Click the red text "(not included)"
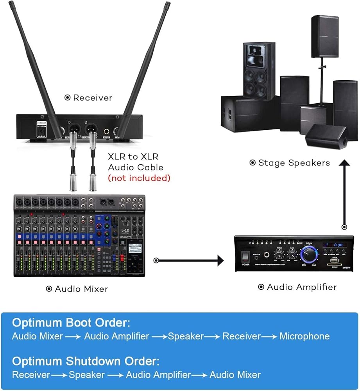pos(139,178)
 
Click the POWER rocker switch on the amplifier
pos(246,256)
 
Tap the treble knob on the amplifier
pos(279,255)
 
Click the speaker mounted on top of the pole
pos(324,36)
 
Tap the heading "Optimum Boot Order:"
pos(71,323)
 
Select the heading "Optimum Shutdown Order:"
pos(86,361)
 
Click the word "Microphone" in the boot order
pos(304,336)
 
